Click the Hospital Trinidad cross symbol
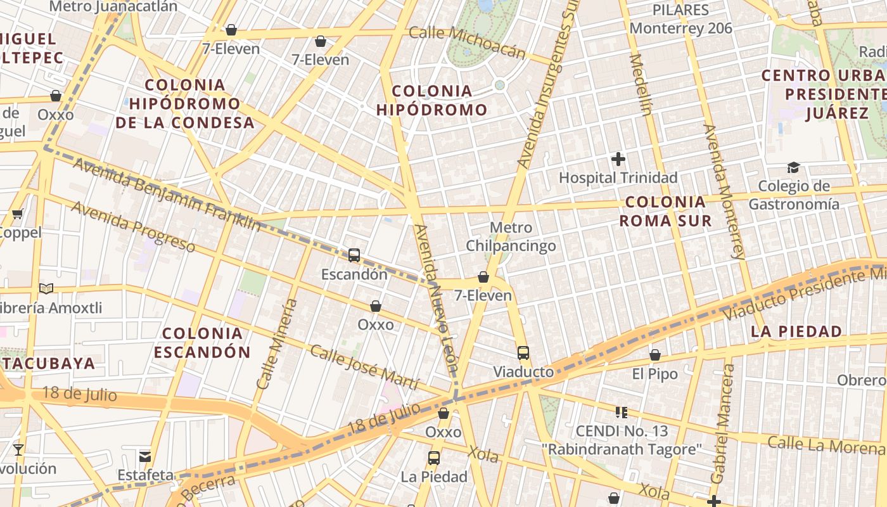pos(618,159)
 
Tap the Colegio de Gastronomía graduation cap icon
pos(793,167)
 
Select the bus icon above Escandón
pos(354,255)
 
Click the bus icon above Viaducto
pos(523,353)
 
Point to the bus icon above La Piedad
pos(434,458)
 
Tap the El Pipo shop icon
pos(655,356)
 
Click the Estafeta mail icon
pos(146,456)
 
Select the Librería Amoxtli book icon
pos(46,289)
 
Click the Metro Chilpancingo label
pos(511,236)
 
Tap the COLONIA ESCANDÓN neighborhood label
pos(202,342)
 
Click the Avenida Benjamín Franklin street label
pos(167,195)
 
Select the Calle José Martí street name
pos(364,367)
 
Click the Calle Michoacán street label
pos(468,42)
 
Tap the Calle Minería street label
pos(277,343)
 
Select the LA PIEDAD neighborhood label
pos(796,331)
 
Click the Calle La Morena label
pos(826,444)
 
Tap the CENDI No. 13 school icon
pos(622,413)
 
